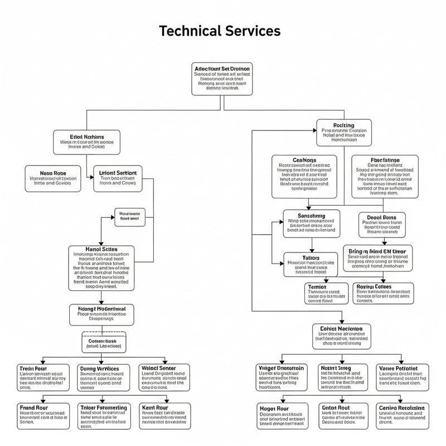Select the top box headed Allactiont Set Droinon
click(x=222, y=77)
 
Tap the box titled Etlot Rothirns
click(x=86, y=142)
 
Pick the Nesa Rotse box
click(x=53, y=178)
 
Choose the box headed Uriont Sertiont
click(x=118, y=178)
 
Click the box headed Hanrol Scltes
click(x=101, y=268)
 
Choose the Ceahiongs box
click(x=304, y=176)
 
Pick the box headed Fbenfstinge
click(x=385, y=176)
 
